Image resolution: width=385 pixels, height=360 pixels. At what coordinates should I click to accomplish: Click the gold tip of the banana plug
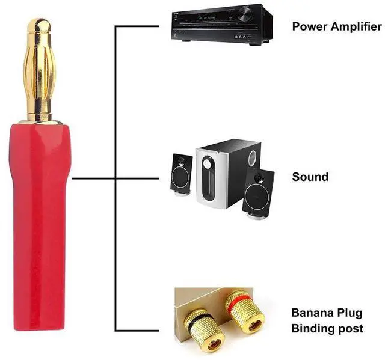click(42, 27)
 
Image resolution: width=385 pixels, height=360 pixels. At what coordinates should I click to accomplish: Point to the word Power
click(308, 26)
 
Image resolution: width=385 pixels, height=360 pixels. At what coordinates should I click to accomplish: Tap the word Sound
click(310, 177)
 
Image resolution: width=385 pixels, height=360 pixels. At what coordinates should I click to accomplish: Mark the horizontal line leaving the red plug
click(93, 178)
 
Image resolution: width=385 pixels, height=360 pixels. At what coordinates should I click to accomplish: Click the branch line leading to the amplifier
click(141, 26)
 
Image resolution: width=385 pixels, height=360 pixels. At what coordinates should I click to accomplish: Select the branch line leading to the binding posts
click(141, 331)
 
